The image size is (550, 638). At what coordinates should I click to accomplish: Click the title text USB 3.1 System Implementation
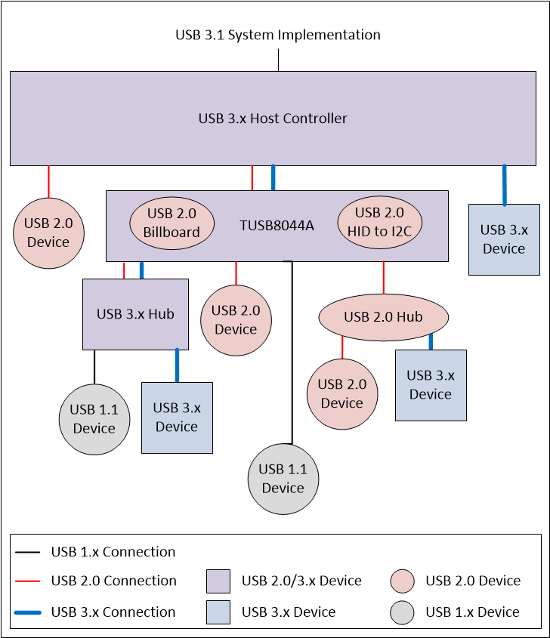click(x=277, y=35)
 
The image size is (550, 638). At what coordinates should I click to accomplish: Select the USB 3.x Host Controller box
click(x=272, y=119)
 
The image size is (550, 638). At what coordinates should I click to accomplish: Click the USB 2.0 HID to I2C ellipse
click(x=379, y=222)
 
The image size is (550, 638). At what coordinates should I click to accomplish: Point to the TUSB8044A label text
click(x=277, y=225)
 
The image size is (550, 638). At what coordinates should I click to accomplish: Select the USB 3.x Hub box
click(x=135, y=314)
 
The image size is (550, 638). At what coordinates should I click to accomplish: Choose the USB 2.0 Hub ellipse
click(x=384, y=316)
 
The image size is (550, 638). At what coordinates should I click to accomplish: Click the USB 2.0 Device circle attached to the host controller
click(x=48, y=233)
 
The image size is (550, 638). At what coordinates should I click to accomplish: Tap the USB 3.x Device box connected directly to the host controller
click(x=504, y=239)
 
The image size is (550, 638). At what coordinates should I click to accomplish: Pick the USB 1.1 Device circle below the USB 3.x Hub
click(x=94, y=419)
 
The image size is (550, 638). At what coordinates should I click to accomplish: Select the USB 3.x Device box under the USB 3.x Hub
click(x=177, y=418)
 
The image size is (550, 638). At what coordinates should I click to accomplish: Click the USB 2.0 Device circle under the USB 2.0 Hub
click(x=342, y=393)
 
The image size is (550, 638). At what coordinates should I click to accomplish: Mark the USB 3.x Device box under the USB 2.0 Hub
click(x=431, y=385)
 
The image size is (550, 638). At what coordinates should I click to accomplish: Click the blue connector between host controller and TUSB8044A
click(x=273, y=177)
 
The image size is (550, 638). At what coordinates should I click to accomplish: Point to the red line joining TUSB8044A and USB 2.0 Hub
click(x=384, y=279)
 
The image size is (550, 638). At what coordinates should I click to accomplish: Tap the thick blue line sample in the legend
click(x=29, y=612)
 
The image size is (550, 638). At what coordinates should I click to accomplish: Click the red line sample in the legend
click(x=29, y=581)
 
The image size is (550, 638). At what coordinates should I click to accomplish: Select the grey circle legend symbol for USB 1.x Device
click(x=402, y=612)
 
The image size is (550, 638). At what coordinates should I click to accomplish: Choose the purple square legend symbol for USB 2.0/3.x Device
click(x=218, y=581)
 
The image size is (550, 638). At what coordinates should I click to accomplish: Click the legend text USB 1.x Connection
click(x=113, y=552)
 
